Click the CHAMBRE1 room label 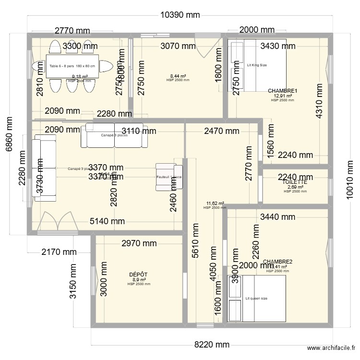(x=282, y=91)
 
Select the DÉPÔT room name (x=138, y=275)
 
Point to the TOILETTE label (x=295, y=182)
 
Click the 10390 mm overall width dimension (x=180, y=15)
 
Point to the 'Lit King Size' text (x=257, y=65)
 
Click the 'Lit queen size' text (x=256, y=298)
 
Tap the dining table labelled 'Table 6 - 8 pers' (x=72, y=66)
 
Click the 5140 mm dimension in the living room (x=108, y=221)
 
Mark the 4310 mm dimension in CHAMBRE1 (x=318, y=101)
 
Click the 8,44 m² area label (x=178, y=76)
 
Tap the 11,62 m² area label (x=215, y=204)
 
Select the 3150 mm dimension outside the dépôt (x=73, y=281)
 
